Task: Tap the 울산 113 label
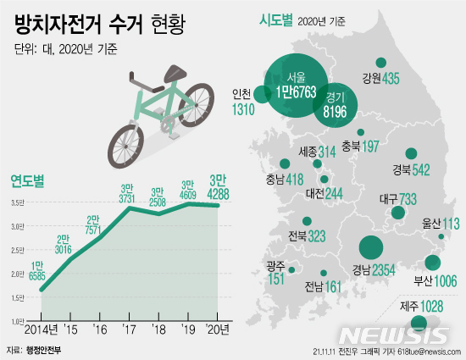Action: click(440, 224)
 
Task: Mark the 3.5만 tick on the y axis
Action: click(18, 202)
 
